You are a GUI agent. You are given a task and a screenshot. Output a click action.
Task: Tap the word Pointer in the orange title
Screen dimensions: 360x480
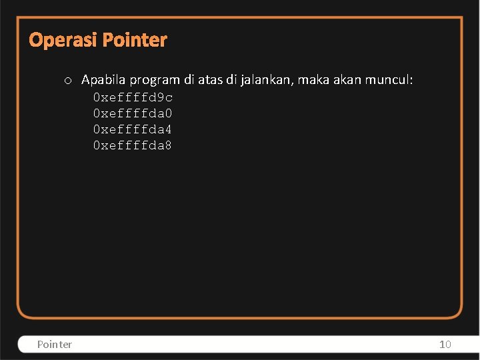tap(136, 41)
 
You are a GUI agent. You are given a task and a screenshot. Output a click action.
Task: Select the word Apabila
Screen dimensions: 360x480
tap(103, 81)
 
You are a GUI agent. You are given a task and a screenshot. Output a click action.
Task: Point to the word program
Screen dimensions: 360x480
tap(155, 81)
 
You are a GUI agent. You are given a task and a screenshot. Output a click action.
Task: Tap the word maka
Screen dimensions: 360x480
tap(311, 80)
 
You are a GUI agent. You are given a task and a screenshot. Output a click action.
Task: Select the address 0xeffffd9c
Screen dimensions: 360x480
tap(133, 97)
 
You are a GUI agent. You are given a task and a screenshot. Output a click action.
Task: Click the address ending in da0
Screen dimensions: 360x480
tap(133, 113)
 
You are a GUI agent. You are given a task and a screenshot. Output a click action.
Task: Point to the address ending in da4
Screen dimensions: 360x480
tap(133, 129)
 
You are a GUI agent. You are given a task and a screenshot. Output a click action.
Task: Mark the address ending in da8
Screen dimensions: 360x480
tap(133, 145)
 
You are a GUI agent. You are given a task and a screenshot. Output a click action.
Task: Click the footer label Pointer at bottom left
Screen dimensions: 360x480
tap(55, 344)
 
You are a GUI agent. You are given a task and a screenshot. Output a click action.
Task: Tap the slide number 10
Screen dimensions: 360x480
tap(445, 344)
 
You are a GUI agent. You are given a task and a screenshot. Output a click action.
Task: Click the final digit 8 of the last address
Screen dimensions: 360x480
tap(168, 145)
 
